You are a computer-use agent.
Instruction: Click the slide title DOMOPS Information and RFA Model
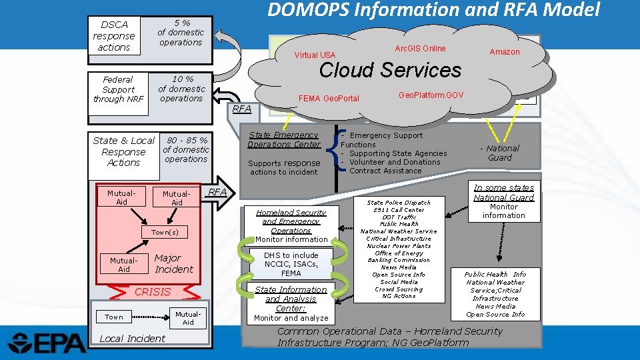[433, 10]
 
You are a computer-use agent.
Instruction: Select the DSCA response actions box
[113, 36]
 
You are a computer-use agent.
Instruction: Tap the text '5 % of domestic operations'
[180, 32]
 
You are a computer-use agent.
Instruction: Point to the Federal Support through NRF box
[118, 89]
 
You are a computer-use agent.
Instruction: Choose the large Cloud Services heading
[390, 70]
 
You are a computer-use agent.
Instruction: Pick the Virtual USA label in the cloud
[315, 55]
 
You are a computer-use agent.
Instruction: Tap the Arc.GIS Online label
[420, 49]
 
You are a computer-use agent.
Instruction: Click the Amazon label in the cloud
[504, 52]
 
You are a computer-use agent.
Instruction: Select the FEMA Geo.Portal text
[329, 99]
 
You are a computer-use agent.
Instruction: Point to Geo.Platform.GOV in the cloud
[430, 95]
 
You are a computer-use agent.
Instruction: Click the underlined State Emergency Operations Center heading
[284, 139]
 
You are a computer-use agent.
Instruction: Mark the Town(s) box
[165, 233]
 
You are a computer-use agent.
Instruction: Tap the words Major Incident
[173, 263]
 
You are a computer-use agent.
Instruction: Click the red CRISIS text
[153, 292]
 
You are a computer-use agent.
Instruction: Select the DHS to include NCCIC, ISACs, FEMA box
[291, 264]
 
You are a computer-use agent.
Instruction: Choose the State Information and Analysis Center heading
[291, 299]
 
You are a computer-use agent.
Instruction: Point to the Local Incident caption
[132, 339]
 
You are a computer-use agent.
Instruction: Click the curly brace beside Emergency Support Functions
[335, 152]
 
